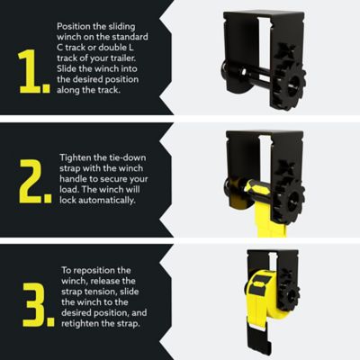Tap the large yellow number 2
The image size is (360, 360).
point(32,182)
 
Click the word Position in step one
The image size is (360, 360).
point(71,28)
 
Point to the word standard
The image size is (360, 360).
point(116,40)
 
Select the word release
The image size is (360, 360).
point(103,281)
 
